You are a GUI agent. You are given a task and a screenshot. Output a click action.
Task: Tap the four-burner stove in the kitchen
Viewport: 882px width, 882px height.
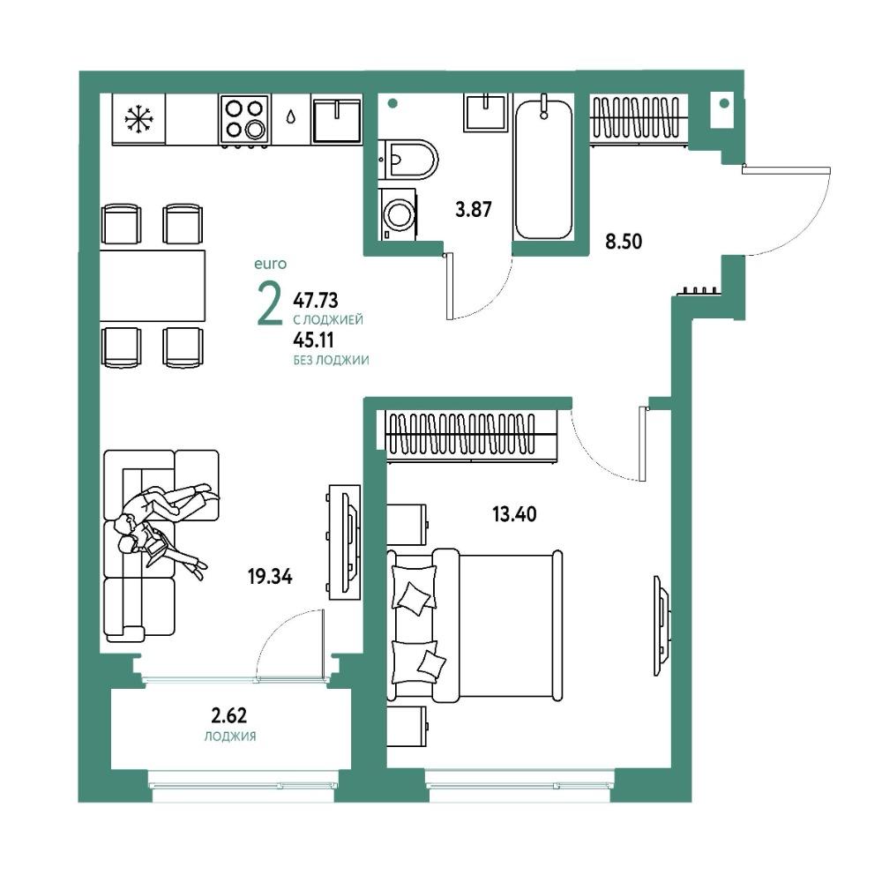(244, 119)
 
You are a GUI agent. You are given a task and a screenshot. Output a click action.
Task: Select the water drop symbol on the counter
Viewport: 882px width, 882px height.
(290, 116)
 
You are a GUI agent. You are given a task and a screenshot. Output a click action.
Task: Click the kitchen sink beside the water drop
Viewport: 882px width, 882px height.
(336, 120)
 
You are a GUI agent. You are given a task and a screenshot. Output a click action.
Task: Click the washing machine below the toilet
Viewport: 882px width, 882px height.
(397, 214)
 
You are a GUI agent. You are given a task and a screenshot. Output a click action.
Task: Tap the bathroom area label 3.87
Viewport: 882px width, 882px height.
(473, 210)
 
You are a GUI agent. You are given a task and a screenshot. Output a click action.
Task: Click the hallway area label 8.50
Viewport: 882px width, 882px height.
(624, 242)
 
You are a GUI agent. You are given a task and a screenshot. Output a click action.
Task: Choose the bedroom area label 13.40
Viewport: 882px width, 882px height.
(514, 514)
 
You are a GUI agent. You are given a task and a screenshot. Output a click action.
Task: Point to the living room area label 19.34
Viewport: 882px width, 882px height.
(270, 577)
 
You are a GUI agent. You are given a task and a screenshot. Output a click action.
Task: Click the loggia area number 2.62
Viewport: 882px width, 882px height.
(229, 715)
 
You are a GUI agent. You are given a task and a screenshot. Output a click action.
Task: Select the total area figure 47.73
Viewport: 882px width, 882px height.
(316, 301)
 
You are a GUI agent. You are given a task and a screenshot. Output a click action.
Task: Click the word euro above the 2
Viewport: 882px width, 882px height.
(271, 264)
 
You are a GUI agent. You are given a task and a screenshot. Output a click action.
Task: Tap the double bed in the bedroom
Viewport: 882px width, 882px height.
(475, 625)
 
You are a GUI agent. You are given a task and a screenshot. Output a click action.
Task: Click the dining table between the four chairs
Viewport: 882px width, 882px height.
(153, 286)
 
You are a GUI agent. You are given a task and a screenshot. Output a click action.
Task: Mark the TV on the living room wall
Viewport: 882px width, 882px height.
(344, 542)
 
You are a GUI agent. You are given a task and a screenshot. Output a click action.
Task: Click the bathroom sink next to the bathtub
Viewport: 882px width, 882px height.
(487, 113)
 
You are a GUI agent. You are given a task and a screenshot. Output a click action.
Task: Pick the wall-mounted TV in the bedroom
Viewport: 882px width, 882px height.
(662, 624)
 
